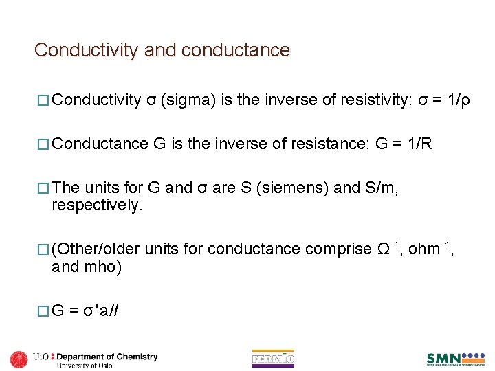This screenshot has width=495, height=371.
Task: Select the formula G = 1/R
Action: tap(404, 144)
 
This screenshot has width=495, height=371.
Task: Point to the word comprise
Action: tap(338, 249)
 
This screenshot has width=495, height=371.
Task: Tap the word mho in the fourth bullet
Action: tap(103, 266)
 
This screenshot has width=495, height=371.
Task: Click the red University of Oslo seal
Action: tap(19, 359)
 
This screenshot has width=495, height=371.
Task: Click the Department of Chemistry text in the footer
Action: tap(107, 357)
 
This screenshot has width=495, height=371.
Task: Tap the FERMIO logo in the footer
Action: tap(273, 359)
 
